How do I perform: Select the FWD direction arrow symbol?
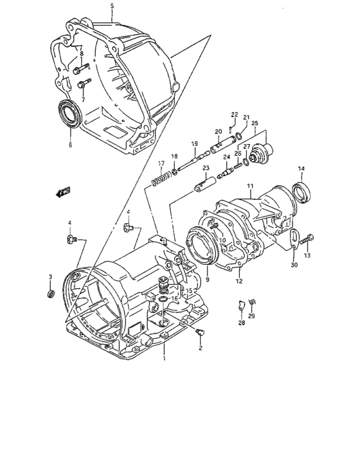[63, 192]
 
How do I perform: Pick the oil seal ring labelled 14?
[301, 192]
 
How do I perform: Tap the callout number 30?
[294, 264]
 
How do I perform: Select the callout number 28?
[240, 324]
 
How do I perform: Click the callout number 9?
[208, 281]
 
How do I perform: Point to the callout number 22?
[235, 114]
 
